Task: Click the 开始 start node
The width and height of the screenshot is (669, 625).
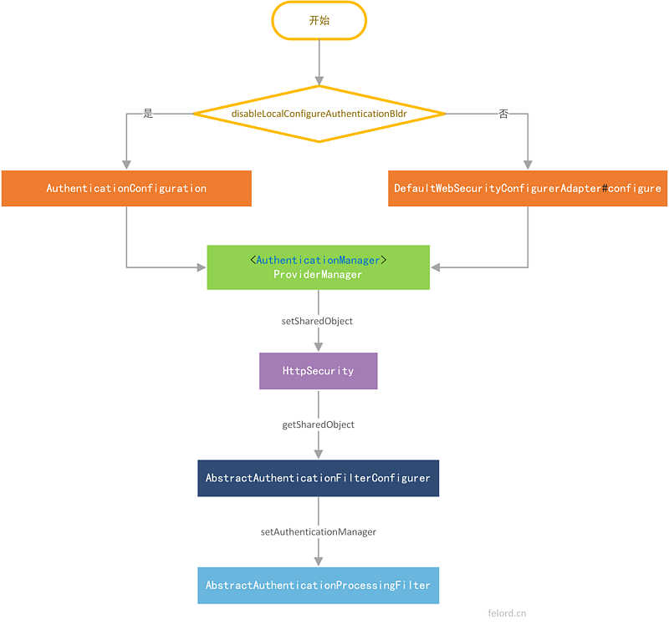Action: pos(319,20)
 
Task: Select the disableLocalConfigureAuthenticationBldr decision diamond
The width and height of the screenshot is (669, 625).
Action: pos(319,113)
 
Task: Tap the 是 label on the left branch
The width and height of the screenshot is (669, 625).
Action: pos(148,114)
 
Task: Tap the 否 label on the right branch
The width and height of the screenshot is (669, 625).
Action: pos(503,114)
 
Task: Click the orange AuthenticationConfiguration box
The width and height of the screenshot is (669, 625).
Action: pos(126,188)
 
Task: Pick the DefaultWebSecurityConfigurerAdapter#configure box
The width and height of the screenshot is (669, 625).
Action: pos(528,188)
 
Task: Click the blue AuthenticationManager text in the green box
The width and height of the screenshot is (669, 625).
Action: pos(318,260)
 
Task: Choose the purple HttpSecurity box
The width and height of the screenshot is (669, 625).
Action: pos(318,370)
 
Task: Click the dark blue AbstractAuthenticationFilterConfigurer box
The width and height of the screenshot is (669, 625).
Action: pos(318,478)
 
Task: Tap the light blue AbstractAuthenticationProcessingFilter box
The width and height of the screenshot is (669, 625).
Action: pos(318,585)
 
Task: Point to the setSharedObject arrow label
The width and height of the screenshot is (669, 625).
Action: pos(318,321)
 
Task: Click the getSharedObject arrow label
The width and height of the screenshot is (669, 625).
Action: pos(318,424)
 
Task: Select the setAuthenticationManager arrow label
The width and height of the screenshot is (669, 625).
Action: pos(318,531)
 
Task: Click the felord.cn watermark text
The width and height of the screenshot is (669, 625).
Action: pos(507,612)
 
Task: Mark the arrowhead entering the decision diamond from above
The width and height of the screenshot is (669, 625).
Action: pos(319,80)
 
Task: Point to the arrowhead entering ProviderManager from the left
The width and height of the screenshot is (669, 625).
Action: pos(202,267)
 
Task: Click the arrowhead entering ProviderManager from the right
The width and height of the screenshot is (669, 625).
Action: pos(436,267)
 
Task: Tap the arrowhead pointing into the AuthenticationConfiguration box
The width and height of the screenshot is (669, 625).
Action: pos(126,165)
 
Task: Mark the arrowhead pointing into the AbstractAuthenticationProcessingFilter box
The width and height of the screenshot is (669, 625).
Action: pos(319,562)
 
